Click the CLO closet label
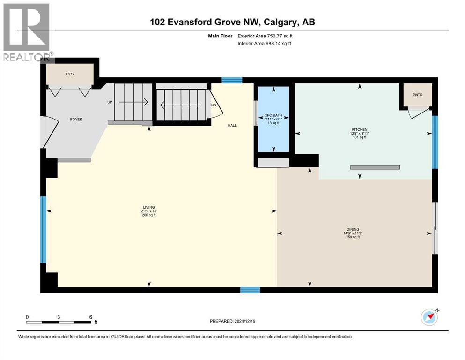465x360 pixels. tap(70, 74)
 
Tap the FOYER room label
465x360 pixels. tap(76, 120)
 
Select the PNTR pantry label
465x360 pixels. tap(417, 95)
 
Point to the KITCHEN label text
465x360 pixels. tap(360, 129)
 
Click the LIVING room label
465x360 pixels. tap(149, 208)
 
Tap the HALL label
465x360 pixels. tap(232, 125)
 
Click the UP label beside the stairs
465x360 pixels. tap(110, 102)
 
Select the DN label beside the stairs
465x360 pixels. tap(214, 105)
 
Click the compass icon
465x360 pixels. tap(429, 317)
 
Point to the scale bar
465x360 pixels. tap(59, 322)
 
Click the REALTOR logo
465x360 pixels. tap(27, 32)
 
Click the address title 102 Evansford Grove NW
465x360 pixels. tap(190, 22)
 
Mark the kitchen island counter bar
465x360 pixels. tap(375, 167)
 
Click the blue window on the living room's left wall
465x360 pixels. tap(43, 229)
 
